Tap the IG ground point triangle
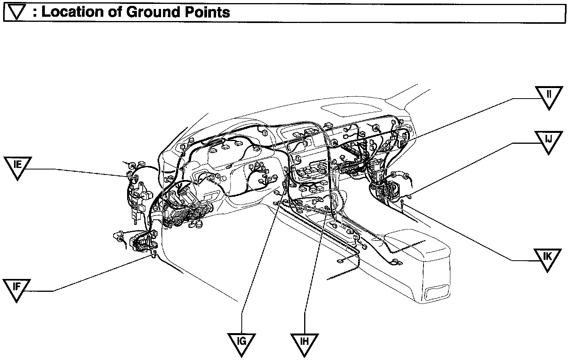point(242,343)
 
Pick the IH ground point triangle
point(305,343)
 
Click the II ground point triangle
point(549,96)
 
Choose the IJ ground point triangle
point(549,141)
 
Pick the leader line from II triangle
point(468,117)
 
